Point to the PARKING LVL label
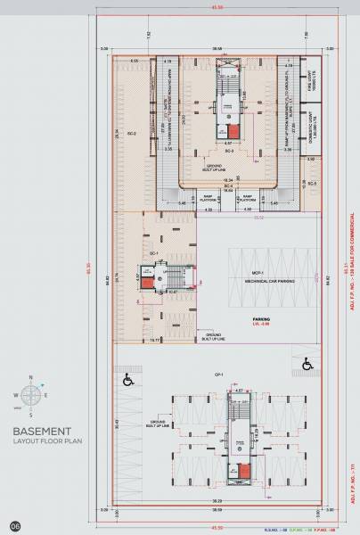[260, 320]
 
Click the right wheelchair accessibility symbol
[307, 363]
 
